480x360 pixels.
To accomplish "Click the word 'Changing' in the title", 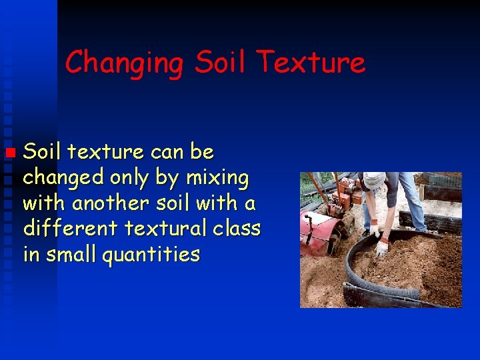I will [x=124, y=63].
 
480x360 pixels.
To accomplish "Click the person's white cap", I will [x=373, y=180].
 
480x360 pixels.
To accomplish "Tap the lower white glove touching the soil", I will [x=382, y=248].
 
